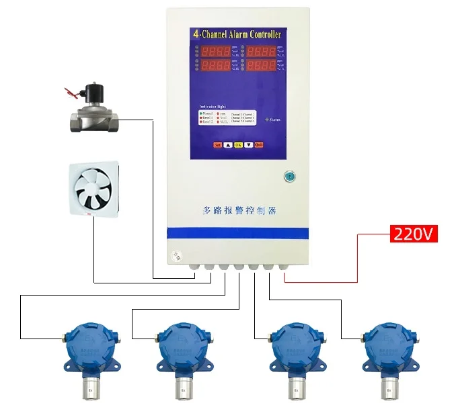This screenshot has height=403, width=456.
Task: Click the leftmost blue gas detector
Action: (x=88, y=349)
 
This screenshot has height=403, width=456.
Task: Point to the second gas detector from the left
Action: (x=182, y=349)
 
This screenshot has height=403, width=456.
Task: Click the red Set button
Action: (x=217, y=144)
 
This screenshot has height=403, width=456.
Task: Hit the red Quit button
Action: (x=258, y=144)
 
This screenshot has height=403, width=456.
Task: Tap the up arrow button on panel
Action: (x=227, y=144)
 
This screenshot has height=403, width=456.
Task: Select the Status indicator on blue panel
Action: (x=272, y=119)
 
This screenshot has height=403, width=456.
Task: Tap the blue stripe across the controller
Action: (x=237, y=232)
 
